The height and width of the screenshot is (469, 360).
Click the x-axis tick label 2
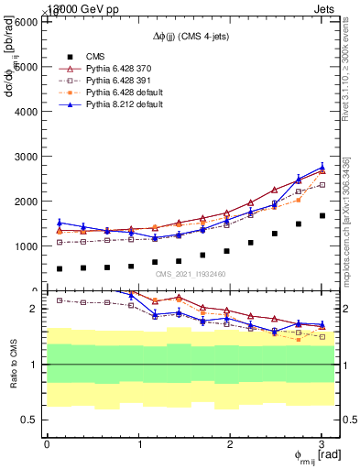click(x=231, y=444)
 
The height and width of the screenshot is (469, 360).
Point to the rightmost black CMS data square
click(x=322, y=216)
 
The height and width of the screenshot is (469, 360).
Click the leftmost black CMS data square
click(x=60, y=269)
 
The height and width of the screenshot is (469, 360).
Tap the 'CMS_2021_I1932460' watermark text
click(x=191, y=274)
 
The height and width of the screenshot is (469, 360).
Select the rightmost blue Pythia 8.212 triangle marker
click(x=322, y=168)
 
